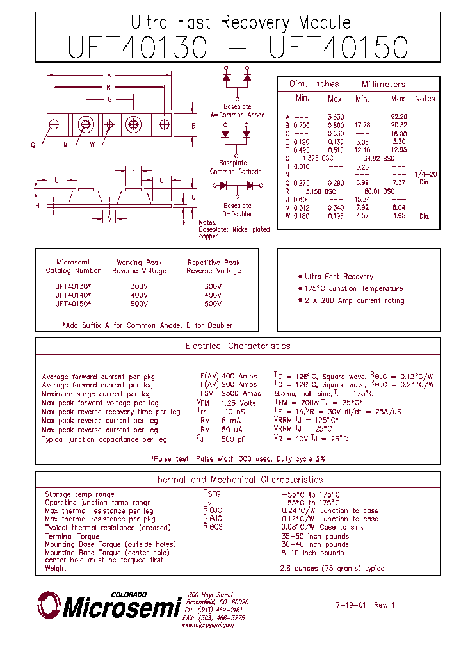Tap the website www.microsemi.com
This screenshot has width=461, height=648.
point(207,625)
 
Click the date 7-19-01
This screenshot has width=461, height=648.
point(351,604)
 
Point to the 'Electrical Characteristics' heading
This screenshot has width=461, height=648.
point(238,346)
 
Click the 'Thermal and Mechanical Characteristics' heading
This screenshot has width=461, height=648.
point(238,480)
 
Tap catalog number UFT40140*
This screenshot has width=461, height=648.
point(73,295)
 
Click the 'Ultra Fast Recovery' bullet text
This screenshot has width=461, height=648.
point(339,277)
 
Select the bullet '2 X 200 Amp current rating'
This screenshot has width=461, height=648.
point(354,300)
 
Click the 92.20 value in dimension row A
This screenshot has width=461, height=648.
point(398,117)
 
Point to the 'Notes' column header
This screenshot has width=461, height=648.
point(425,99)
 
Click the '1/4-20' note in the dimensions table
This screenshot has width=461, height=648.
point(425,174)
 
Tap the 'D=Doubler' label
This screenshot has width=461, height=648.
point(237,214)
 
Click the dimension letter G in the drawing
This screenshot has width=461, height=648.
point(109,99)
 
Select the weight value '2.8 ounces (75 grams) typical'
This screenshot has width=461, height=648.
point(332,568)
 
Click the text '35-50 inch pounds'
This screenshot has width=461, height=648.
point(314,536)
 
